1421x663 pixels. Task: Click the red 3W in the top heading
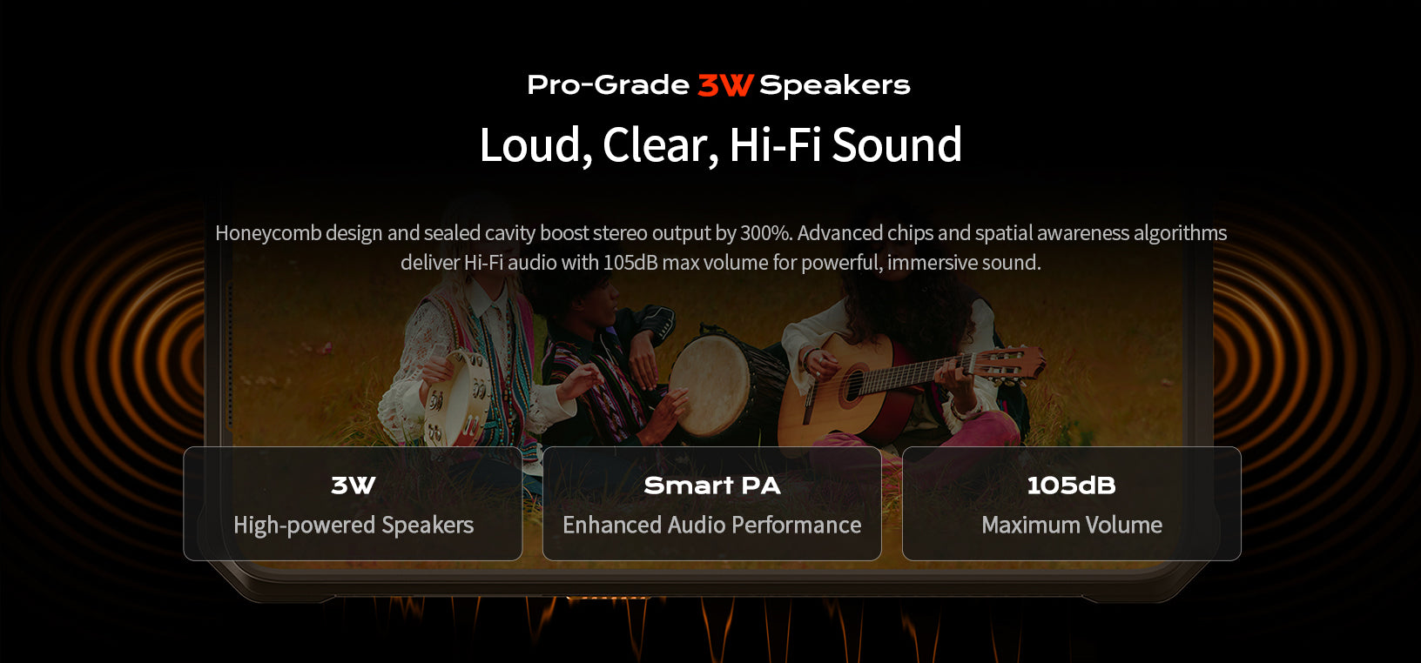point(724,85)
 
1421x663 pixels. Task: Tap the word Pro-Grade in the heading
point(608,85)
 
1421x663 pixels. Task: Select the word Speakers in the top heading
point(834,85)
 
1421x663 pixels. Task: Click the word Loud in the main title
point(530,144)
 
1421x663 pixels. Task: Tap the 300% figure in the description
point(765,233)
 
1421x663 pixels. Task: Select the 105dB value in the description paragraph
point(630,263)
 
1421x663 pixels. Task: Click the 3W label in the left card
point(353,486)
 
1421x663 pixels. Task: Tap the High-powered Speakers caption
point(354,525)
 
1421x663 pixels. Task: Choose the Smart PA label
point(711,486)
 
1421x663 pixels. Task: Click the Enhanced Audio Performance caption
point(711,525)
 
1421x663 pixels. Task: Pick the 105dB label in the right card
point(1071,486)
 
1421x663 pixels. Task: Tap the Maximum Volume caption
point(1071,525)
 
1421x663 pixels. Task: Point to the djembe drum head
point(709,383)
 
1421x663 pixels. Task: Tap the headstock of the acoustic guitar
point(1015,362)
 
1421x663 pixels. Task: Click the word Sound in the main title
point(897,144)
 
